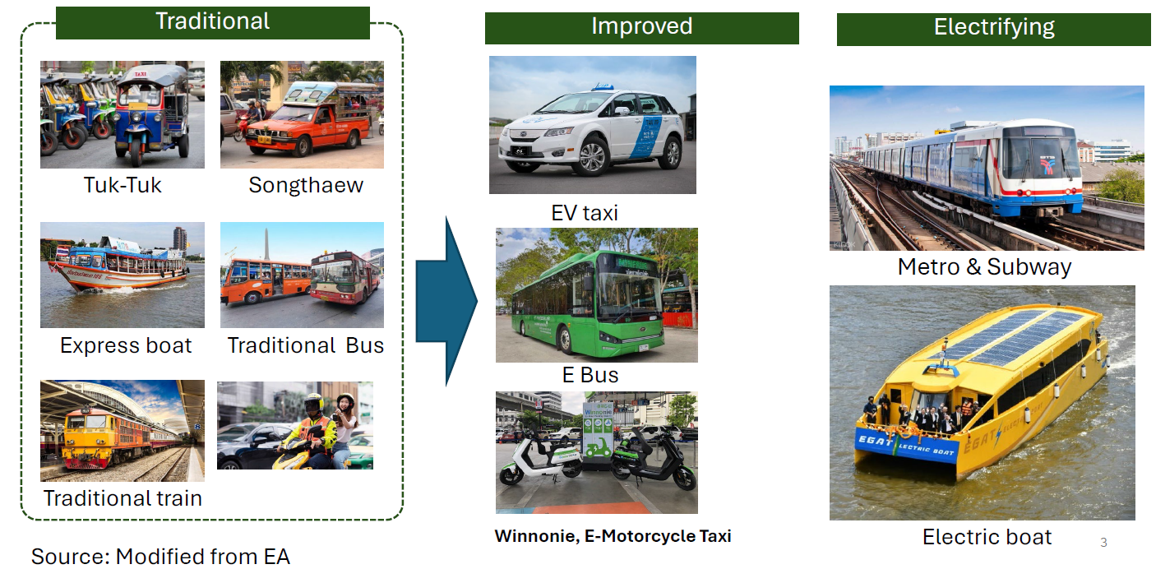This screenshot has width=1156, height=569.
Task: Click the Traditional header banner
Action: click(x=213, y=23)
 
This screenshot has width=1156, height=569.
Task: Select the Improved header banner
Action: click(x=641, y=28)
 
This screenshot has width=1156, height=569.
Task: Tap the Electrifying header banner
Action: click(x=993, y=30)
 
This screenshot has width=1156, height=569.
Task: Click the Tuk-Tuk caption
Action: click(x=123, y=185)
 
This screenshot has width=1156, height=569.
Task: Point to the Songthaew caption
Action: click(x=306, y=185)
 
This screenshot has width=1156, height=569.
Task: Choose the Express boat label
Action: click(x=126, y=345)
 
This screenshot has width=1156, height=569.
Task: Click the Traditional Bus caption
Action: click(x=306, y=345)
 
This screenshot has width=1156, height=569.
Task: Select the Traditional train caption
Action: click(x=123, y=498)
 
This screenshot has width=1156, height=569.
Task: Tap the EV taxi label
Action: click(x=585, y=213)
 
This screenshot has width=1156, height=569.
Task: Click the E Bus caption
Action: click(x=590, y=375)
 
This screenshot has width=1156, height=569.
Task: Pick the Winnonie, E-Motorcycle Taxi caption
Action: click(x=613, y=536)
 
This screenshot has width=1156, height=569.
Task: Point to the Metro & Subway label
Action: click(x=984, y=267)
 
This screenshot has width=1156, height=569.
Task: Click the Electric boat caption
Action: click(x=987, y=537)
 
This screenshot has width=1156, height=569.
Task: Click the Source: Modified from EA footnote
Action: click(x=160, y=557)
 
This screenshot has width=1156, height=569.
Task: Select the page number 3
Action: click(x=1103, y=542)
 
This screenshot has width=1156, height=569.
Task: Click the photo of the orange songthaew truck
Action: click(x=302, y=114)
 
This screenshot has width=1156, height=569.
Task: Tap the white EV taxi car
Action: click(x=590, y=132)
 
